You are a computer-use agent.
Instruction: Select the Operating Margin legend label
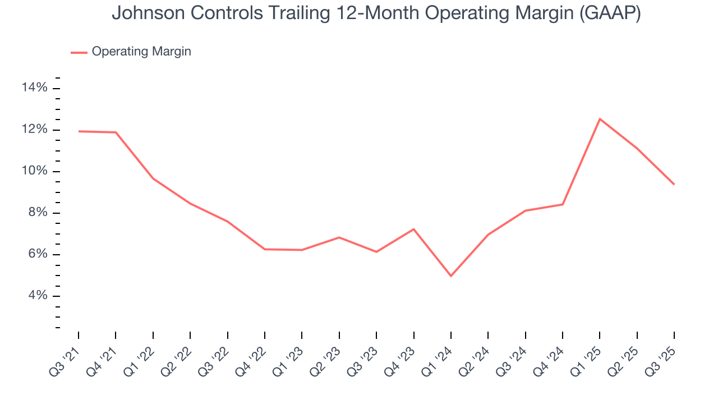(x=141, y=52)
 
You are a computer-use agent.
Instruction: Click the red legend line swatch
(x=79, y=52)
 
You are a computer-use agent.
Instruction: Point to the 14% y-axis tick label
(x=34, y=88)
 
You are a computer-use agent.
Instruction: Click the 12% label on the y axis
(x=34, y=130)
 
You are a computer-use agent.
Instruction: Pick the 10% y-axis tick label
(x=34, y=171)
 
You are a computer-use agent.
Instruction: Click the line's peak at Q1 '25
(x=600, y=119)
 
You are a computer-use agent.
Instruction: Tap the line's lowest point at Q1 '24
(x=451, y=276)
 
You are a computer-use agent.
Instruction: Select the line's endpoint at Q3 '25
(x=674, y=184)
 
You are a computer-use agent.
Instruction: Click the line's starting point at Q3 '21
(x=79, y=131)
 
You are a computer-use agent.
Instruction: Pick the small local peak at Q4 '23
(x=413, y=229)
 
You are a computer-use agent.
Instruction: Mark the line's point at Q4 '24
(x=563, y=204)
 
